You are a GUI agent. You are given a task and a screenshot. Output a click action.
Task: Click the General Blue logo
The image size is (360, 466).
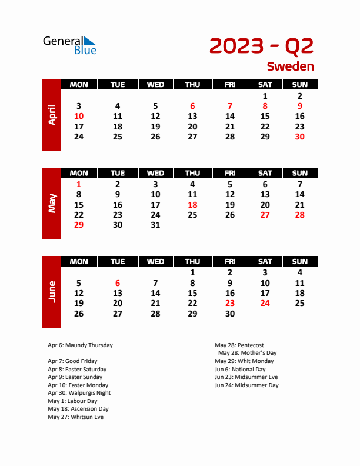(x=69, y=45)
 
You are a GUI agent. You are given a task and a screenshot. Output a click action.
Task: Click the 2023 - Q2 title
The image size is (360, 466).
(x=261, y=45)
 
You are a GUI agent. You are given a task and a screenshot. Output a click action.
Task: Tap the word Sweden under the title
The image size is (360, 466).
(x=290, y=66)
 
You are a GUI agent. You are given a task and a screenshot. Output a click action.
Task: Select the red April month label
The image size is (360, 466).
(x=52, y=114)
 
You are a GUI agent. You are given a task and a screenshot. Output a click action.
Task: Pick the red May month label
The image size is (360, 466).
(x=52, y=204)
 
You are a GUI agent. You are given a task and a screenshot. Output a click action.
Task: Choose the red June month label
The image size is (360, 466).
(x=52, y=292)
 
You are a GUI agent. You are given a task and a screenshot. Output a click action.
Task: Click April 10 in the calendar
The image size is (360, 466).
(x=79, y=116)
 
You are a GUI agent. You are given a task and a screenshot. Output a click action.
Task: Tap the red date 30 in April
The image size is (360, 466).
(x=299, y=137)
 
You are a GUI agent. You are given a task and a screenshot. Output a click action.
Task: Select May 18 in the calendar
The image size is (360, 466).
(x=192, y=205)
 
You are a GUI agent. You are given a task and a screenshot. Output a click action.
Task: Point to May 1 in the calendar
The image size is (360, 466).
(x=79, y=184)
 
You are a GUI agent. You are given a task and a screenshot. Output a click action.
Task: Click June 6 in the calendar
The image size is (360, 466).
(x=118, y=283)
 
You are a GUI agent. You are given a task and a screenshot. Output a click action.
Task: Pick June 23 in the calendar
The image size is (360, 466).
(x=230, y=304)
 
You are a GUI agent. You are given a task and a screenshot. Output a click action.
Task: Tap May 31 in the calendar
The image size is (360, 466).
(x=155, y=225)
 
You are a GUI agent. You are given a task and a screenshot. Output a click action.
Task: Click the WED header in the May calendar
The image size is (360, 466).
(x=155, y=173)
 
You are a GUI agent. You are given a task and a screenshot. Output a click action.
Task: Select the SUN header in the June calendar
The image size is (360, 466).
(x=299, y=261)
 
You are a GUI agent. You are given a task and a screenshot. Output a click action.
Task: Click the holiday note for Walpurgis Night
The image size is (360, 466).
(x=79, y=393)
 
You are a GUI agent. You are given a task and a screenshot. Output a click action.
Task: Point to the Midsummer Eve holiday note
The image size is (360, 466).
(x=246, y=377)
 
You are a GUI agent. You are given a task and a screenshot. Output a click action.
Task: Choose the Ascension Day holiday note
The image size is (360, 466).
(x=78, y=409)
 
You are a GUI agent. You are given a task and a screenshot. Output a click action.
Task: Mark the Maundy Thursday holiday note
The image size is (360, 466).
(x=80, y=345)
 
